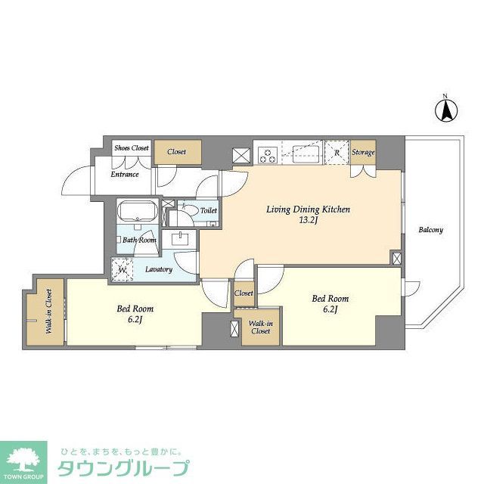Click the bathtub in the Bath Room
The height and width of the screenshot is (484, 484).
point(138,212)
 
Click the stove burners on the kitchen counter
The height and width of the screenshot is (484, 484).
point(268,156)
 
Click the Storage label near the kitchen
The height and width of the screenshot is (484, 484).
point(364,154)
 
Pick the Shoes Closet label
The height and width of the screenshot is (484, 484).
point(132,149)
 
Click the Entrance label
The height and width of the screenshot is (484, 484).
point(125,175)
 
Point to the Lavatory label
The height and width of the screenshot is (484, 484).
point(159,269)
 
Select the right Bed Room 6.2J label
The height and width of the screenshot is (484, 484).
point(330,304)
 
